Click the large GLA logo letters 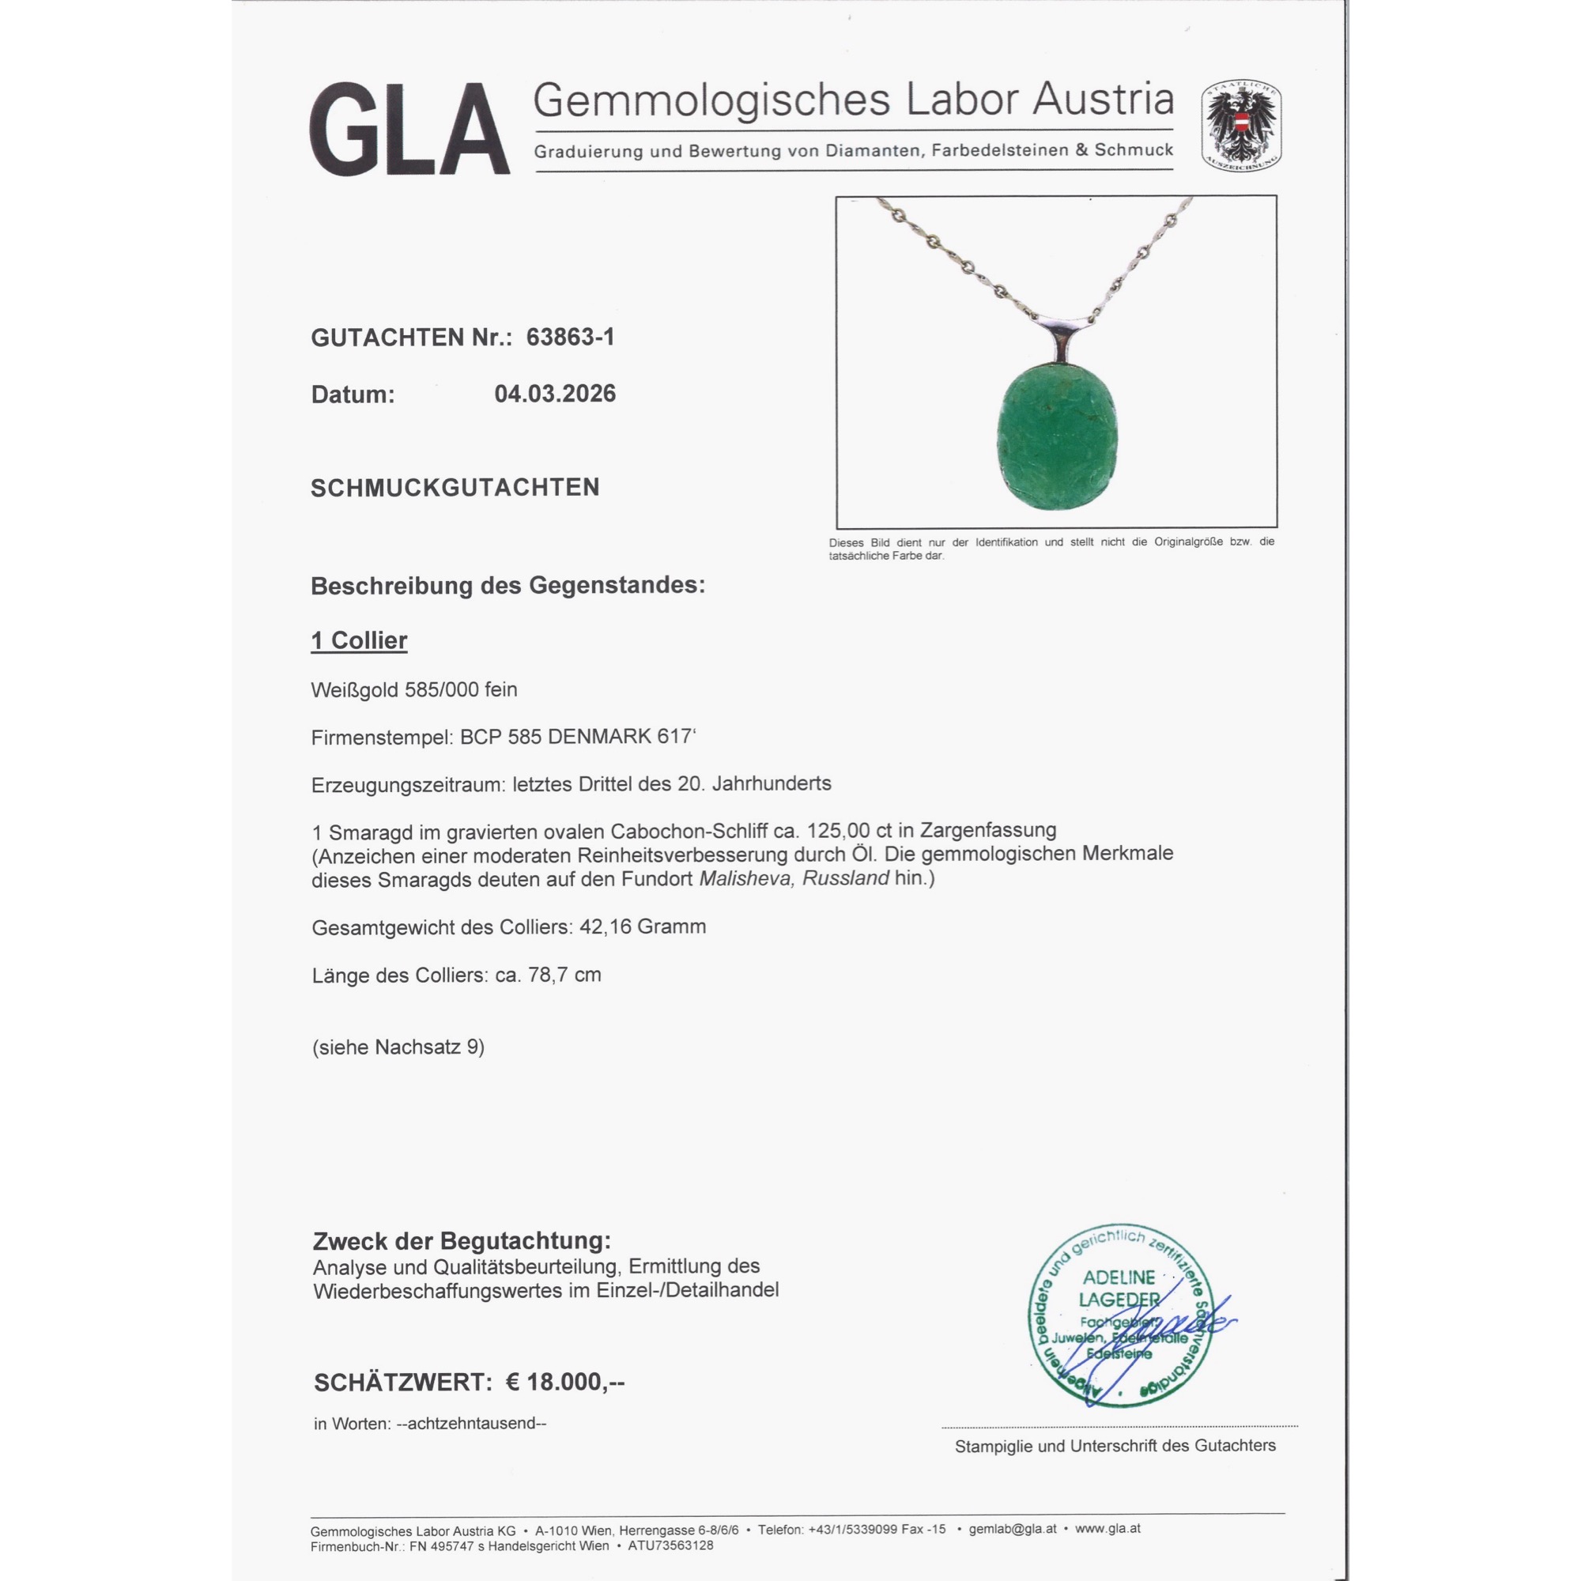(409, 130)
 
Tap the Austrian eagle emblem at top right (1240, 126)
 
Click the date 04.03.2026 (555, 394)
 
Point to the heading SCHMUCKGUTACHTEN (455, 488)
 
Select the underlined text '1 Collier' (358, 641)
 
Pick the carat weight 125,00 (839, 831)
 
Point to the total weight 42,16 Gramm (643, 927)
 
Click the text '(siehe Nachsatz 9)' (398, 1047)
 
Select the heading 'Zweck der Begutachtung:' (462, 1241)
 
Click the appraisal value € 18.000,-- (564, 1382)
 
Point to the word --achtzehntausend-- (470, 1423)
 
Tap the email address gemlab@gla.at (1013, 1528)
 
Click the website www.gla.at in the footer (1107, 1528)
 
